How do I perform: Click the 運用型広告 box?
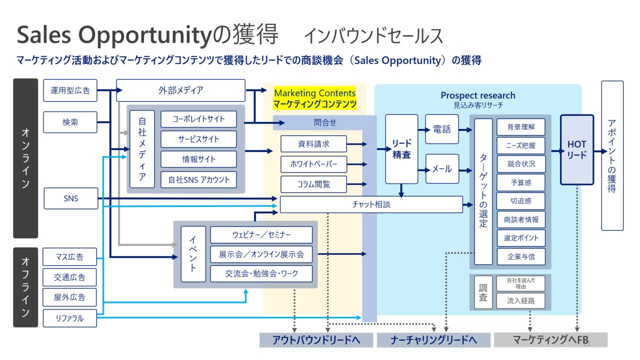(x=70, y=90)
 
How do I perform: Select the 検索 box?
(x=70, y=122)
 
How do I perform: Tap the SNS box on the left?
(x=70, y=198)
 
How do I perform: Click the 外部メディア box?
(x=180, y=90)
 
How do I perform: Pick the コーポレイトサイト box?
(x=198, y=119)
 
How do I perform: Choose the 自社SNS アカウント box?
(x=198, y=179)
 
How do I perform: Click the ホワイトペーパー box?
(x=313, y=164)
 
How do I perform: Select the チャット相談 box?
(x=371, y=204)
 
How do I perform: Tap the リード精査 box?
(x=401, y=149)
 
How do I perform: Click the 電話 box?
(x=441, y=129)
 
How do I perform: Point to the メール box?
(x=441, y=169)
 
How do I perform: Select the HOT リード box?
(x=576, y=149)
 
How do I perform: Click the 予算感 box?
(x=521, y=183)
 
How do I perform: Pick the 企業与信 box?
(x=521, y=256)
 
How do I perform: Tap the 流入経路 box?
(x=521, y=300)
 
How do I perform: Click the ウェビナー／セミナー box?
(x=261, y=234)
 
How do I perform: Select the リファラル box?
(x=70, y=318)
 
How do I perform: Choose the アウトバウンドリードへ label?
(x=316, y=340)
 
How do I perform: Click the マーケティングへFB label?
(x=550, y=340)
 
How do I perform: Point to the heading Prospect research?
(x=477, y=95)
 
